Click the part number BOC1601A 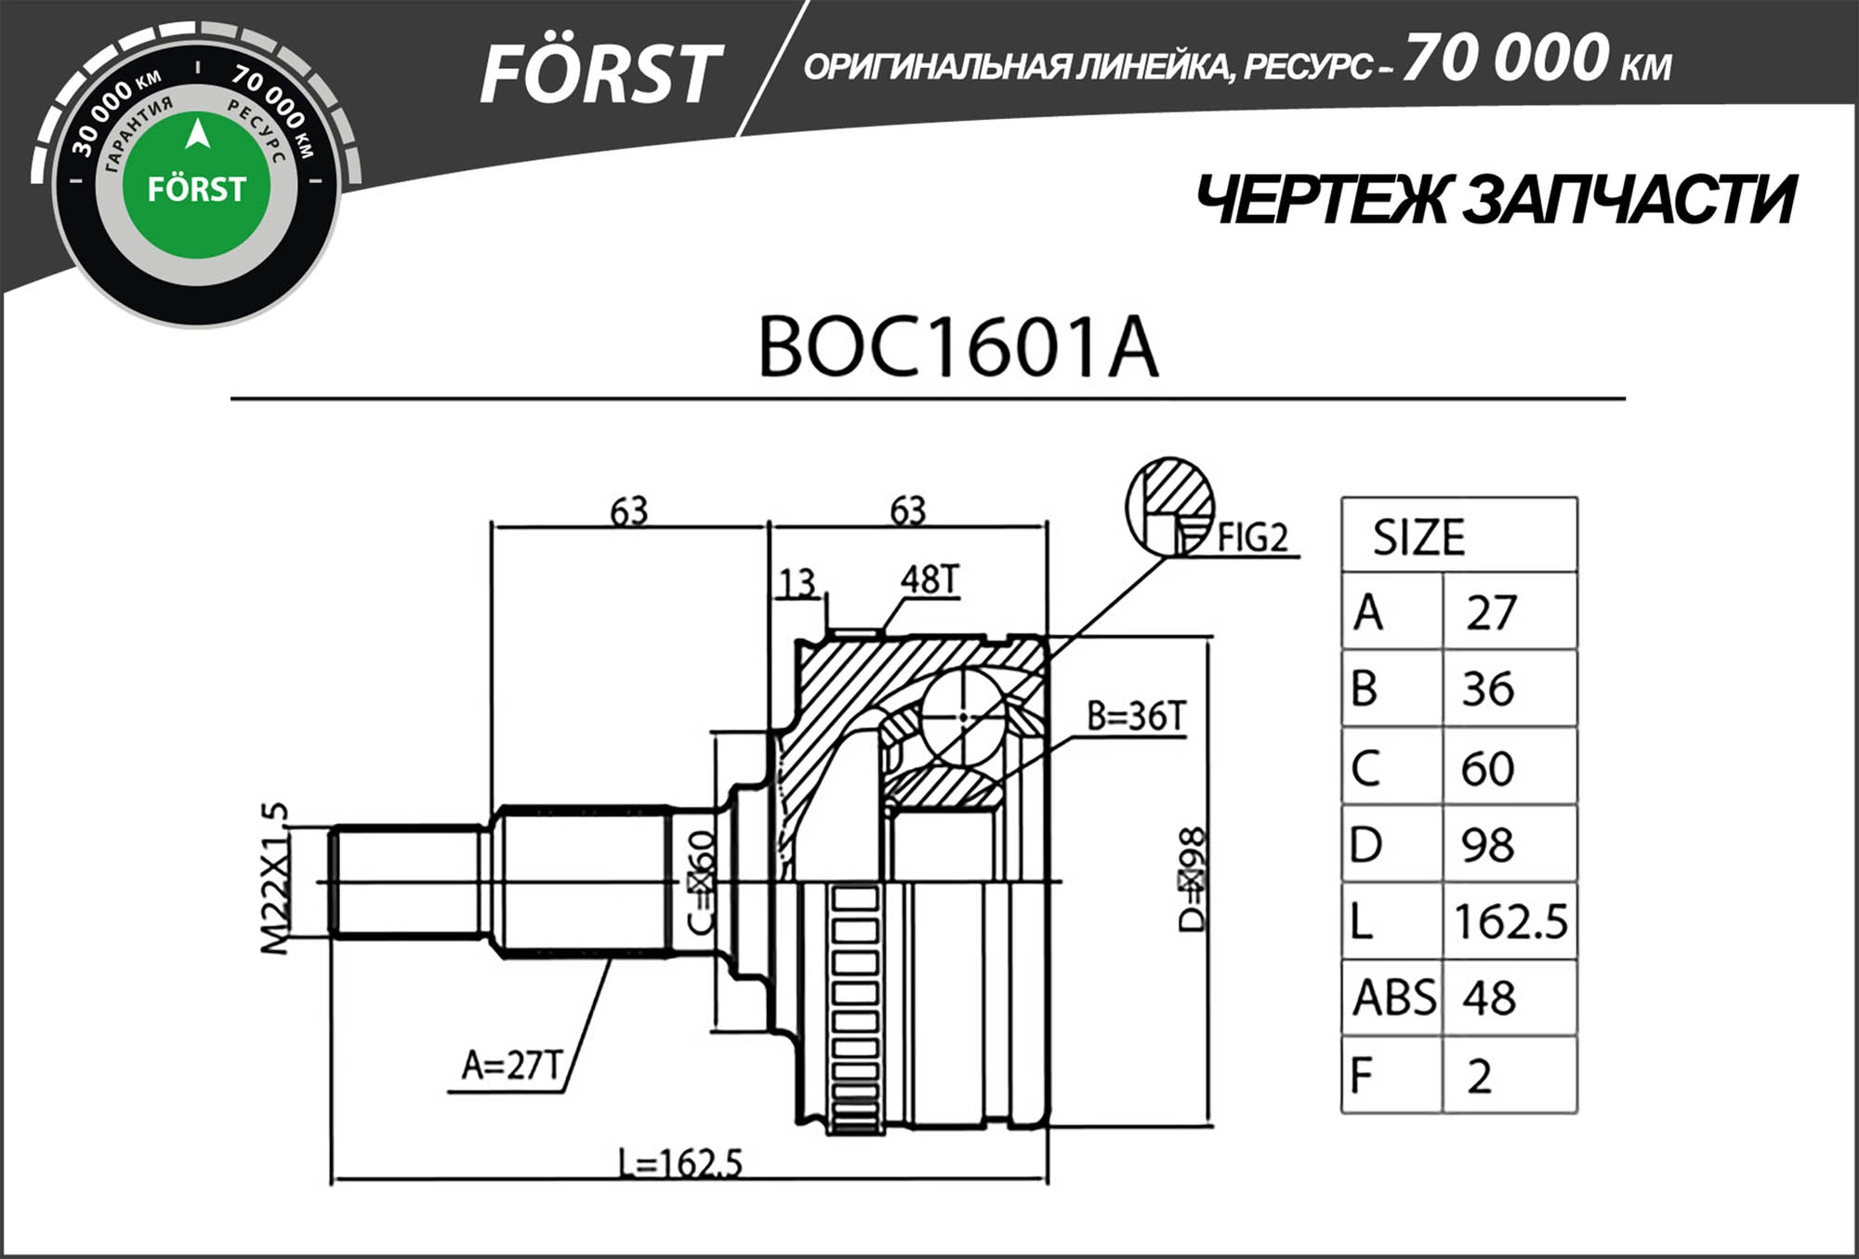(x=958, y=348)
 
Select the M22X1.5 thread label (x=274, y=879)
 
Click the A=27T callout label (x=513, y=1066)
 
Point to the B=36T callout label (x=1136, y=717)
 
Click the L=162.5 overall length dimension (x=680, y=1163)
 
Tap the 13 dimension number (x=797, y=584)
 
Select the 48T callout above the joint (x=929, y=579)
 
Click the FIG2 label (x=1253, y=537)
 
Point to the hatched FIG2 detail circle (x=1169, y=506)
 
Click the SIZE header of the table (x=1418, y=537)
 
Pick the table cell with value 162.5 (x=1510, y=921)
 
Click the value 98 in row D (x=1487, y=844)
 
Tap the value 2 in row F (x=1479, y=1076)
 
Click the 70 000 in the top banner (x=1506, y=58)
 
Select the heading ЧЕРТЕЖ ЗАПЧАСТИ (x=1495, y=200)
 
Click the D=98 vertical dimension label (x=1192, y=879)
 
